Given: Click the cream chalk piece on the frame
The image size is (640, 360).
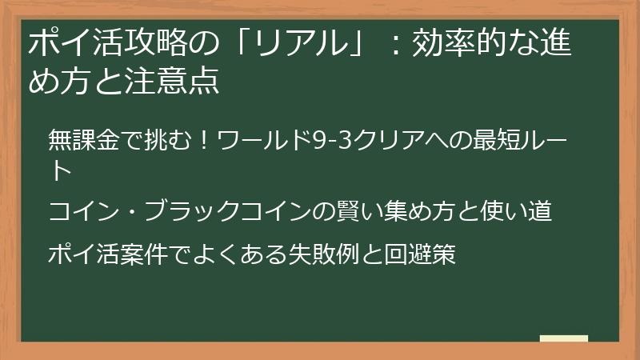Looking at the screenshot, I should click(x=564, y=338).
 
